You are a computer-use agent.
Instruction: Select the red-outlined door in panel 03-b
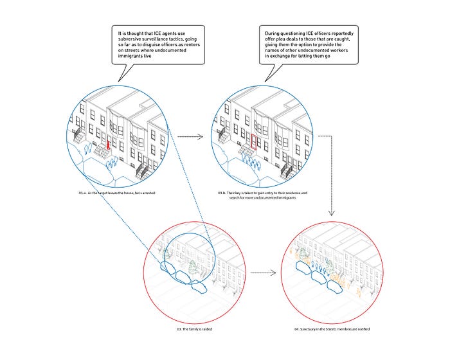tap(254, 142)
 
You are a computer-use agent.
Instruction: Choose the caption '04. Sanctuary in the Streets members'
tap(332, 329)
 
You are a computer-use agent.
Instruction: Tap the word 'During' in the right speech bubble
tap(273, 31)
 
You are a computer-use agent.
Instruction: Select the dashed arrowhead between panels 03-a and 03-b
tap(201, 136)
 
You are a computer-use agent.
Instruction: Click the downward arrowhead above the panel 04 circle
tap(332, 215)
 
